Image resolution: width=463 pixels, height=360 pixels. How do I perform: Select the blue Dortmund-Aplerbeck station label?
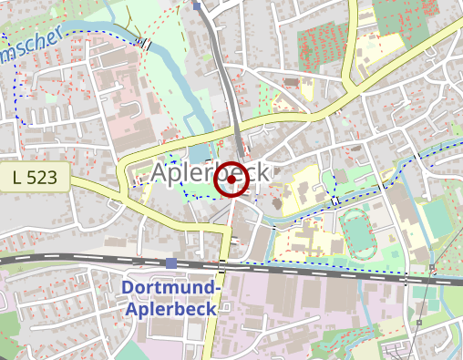[171, 298]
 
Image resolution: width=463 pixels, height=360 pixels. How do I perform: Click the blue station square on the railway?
[171, 263]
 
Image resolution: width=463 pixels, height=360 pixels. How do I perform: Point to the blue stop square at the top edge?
[198, 5]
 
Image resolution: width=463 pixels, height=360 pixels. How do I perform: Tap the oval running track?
[358, 232]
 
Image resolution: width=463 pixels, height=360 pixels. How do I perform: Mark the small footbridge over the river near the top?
[145, 42]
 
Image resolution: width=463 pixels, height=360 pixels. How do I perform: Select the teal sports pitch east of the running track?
[438, 217]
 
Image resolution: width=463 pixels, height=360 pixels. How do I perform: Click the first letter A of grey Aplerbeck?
[160, 172]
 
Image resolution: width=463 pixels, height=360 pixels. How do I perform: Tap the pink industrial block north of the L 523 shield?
[128, 118]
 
